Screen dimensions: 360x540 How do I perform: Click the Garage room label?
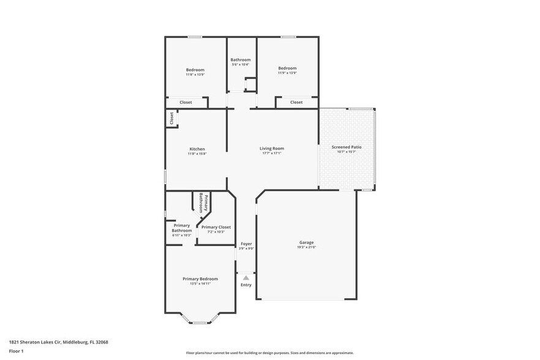coord(306,242)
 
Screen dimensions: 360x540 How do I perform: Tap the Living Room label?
coord(272,148)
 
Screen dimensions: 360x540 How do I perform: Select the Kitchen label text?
coord(197,149)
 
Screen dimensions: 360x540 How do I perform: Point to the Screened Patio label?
coord(347,147)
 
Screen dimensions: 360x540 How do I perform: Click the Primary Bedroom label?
coord(200,279)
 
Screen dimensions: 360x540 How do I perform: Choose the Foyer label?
coord(246,244)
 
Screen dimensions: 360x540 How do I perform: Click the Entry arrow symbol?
coord(246,278)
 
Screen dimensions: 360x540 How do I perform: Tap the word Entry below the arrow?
coord(246,285)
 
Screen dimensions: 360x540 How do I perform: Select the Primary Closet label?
coord(216,227)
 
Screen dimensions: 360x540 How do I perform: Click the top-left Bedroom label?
coord(195,70)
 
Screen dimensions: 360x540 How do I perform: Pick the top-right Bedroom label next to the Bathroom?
coord(287,68)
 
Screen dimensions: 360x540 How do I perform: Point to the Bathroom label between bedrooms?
coord(240,59)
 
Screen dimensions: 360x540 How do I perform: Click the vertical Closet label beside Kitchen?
coord(171,118)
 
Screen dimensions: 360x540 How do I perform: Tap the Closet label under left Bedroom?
coord(186,102)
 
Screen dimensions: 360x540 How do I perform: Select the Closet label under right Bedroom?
coord(296,102)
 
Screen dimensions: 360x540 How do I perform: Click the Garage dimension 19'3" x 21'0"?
coord(306,247)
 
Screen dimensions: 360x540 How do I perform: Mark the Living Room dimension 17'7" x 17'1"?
coord(272,153)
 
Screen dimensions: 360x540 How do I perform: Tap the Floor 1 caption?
coord(17,351)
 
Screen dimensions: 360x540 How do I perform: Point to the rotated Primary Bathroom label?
coord(203,203)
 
